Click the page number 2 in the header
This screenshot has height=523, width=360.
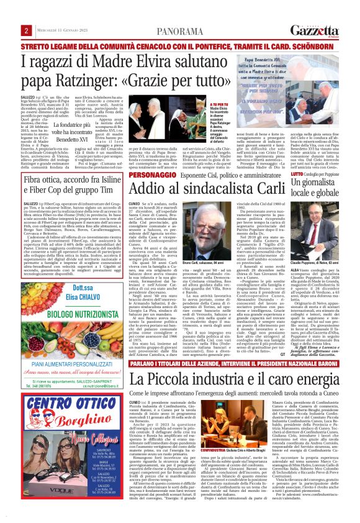[x=27, y=30]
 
